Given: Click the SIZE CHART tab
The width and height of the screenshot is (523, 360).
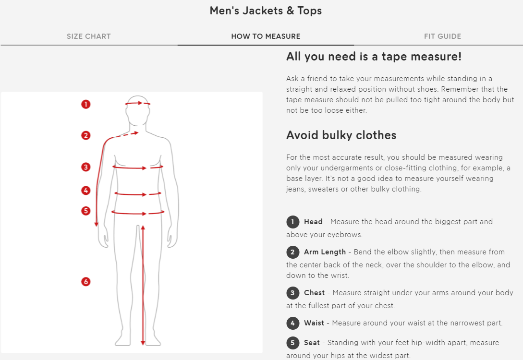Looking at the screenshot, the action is click(x=88, y=36).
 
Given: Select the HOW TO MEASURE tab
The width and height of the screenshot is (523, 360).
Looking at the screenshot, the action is click(x=266, y=36).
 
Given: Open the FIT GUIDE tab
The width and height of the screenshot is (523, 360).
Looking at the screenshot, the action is click(x=442, y=36).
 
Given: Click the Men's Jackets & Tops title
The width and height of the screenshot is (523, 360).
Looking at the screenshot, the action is click(x=266, y=11).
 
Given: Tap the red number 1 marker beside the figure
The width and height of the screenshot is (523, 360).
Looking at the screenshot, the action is click(x=85, y=104).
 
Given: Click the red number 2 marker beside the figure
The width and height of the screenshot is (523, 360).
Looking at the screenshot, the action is click(x=85, y=135).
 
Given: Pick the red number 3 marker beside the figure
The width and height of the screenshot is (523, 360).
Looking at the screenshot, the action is click(x=85, y=167).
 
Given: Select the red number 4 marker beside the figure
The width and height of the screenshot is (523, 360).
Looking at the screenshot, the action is click(x=85, y=191).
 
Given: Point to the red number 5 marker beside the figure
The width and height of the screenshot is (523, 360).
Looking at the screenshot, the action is click(x=85, y=211).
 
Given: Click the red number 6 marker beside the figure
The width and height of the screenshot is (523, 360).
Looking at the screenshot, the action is click(x=85, y=282).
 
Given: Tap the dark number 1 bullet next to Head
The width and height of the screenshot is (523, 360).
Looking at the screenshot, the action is click(x=292, y=222).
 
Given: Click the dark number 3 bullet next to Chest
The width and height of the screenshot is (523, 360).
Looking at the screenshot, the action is click(x=292, y=293).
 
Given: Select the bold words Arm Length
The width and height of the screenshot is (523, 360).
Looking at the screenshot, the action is click(x=325, y=252).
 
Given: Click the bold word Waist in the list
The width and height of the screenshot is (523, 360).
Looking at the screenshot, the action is click(x=314, y=323).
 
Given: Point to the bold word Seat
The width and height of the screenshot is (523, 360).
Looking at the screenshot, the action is click(x=312, y=343).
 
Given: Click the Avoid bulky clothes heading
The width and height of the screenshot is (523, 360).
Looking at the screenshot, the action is click(x=341, y=135).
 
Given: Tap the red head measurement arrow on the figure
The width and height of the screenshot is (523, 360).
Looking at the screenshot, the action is click(x=138, y=103).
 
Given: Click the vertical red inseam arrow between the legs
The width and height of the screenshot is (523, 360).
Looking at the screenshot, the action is click(x=143, y=286).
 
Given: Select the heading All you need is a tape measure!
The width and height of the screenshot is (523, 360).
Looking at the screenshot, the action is click(x=374, y=57).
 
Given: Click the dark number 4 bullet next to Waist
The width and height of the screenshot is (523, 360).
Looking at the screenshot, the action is click(x=292, y=323).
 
